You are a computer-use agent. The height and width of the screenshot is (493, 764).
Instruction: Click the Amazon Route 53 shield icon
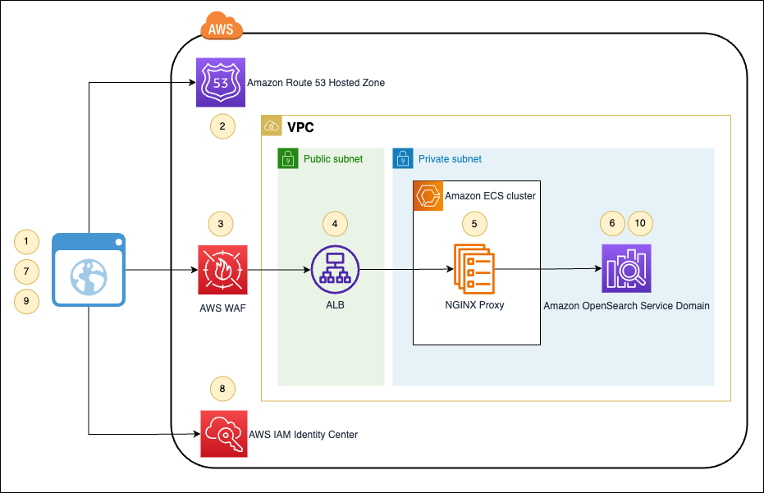(222, 82)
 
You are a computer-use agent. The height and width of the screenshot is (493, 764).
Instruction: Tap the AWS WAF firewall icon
(222, 269)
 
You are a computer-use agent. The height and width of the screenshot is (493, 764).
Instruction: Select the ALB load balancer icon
(335, 269)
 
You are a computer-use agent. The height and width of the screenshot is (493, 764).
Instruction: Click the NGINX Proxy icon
(474, 269)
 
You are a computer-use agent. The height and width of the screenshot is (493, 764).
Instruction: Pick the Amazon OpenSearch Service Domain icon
(626, 269)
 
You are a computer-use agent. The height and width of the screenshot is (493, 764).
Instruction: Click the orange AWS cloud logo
(221, 28)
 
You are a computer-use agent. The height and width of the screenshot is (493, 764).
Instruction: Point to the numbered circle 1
(26, 241)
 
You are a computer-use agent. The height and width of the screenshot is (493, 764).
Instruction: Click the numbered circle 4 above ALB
(335, 222)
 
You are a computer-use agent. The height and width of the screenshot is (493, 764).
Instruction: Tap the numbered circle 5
(473, 222)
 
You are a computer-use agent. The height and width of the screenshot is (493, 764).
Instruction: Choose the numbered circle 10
(641, 222)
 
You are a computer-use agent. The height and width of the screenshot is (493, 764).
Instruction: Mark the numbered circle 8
(222, 388)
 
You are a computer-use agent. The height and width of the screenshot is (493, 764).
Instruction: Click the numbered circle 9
(26, 301)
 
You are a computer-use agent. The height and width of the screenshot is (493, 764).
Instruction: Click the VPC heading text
(300, 128)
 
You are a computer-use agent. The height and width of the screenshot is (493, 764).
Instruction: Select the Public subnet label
(332, 159)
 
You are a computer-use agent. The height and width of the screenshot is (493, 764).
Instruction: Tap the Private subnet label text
(450, 159)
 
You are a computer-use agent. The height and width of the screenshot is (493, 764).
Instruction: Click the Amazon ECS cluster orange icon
(428, 196)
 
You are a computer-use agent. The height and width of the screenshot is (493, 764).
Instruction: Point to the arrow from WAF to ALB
(279, 269)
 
